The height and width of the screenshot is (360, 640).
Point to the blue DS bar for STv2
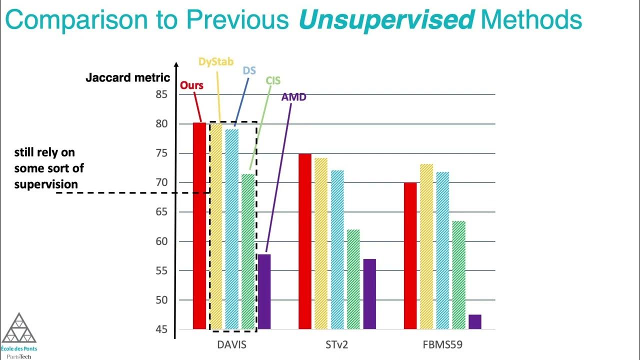pos(337,249)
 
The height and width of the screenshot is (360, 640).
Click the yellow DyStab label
pos(216,61)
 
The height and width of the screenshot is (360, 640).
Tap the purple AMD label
pos(293,97)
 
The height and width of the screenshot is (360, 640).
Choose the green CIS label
pos(273,80)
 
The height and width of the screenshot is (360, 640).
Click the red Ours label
pos(191,85)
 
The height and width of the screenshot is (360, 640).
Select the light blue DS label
pos(249,70)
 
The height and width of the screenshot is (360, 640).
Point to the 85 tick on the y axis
pos(161,94)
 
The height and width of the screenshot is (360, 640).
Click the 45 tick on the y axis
pos(161,329)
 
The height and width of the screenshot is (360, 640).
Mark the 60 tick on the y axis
pos(161,241)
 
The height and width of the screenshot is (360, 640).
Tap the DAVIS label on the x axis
pos(231,345)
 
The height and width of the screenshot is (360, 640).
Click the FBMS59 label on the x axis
pos(442,345)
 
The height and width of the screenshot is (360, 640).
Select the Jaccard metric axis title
pos(128,78)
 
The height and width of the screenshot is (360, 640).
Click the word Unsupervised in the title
pos(386,20)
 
